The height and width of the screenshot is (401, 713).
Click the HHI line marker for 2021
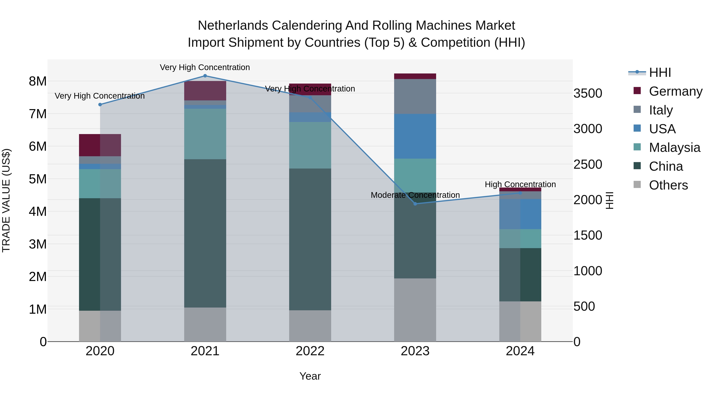[x=205, y=76]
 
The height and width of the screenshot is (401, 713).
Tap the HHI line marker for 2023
[x=415, y=204]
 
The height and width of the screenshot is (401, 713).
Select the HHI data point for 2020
[x=100, y=105]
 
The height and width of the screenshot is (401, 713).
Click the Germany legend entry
[x=675, y=91]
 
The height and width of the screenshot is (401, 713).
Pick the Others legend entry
[x=668, y=185]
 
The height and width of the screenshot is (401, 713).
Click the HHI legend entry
[x=660, y=72]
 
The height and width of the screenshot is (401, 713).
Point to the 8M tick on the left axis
[x=38, y=81]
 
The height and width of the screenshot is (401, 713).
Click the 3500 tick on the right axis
[x=588, y=93]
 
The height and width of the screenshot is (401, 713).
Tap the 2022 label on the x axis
[x=310, y=351]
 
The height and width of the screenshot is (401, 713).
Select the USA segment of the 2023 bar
[x=415, y=136]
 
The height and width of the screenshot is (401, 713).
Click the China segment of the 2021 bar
[x=205, y=233]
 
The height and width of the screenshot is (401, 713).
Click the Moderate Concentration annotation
[x=415, y=195]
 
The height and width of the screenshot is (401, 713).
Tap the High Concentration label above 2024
[x=520, y=184]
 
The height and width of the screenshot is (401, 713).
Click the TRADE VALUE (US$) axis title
[x=6, y=200]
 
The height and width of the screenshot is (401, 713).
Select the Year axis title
[x=310, y=376]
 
